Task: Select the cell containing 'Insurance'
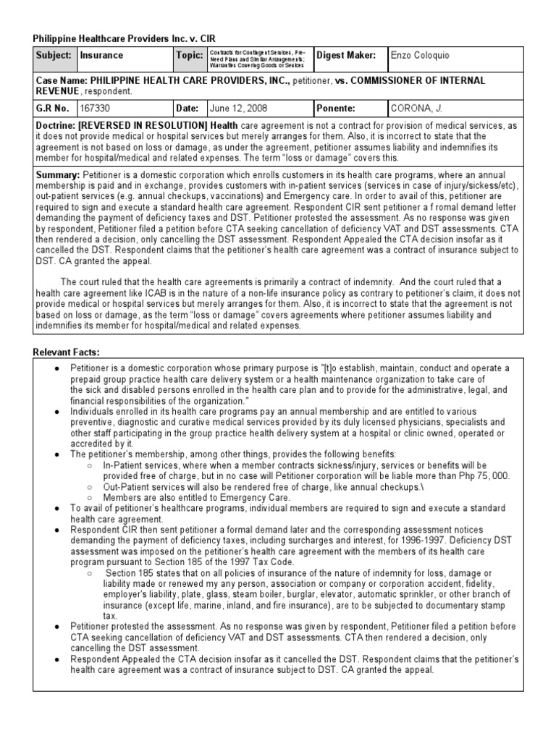[101, 56]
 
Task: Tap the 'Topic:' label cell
[188, 56]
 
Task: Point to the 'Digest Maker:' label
[346, 56]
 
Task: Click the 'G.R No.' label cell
[52, 109]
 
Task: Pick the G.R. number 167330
[93, 109]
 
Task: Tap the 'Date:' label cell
[187, 109]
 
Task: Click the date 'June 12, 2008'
[238, 109]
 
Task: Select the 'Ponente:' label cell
[335, 109]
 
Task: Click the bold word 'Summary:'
[58, 175]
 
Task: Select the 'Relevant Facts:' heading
[66, 352]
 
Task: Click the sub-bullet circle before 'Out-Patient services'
[88, 487]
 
